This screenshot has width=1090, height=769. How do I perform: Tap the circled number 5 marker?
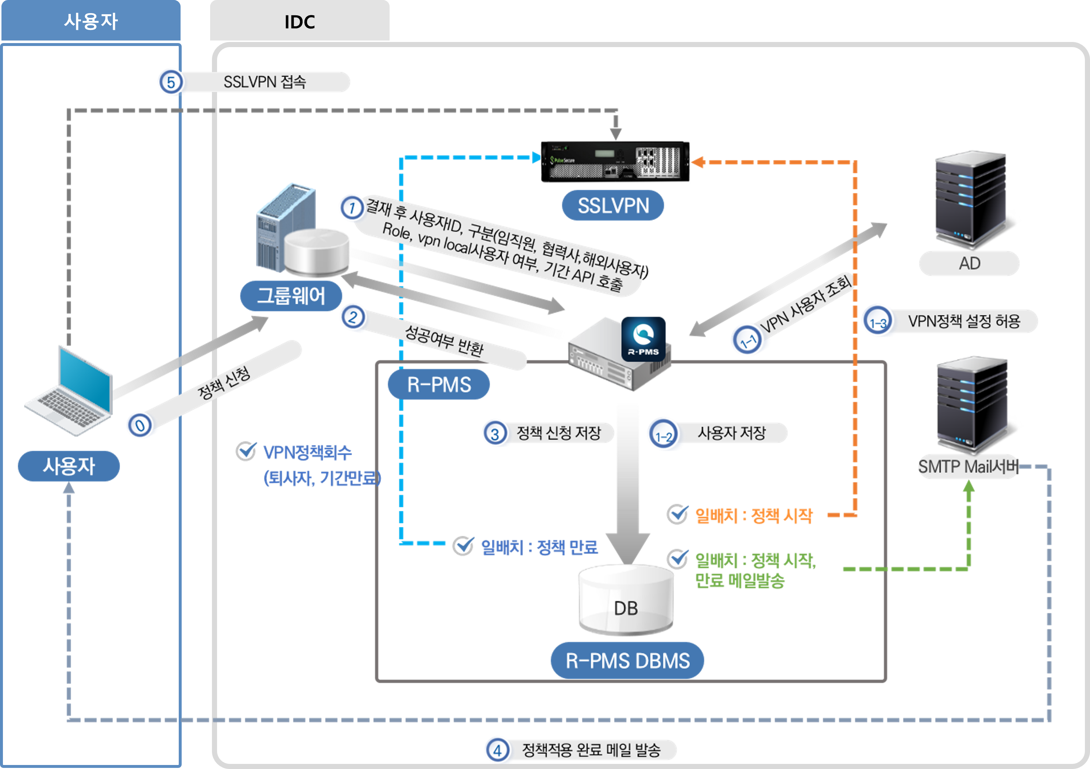click(170, 82)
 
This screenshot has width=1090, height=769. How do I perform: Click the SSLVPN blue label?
click(612, 206)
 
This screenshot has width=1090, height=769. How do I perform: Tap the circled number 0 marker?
click(140, 425)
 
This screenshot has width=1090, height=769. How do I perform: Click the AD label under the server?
click(969, 263)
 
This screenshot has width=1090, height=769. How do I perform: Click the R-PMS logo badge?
click(643, 339)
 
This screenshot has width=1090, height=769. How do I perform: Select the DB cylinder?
click(626, 601)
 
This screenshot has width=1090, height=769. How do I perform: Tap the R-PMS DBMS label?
click(627, 661)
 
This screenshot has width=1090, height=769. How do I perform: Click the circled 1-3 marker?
click(878, 322)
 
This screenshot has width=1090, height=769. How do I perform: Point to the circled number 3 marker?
click(495, 433)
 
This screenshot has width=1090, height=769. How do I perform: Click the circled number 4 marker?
click(497, 750)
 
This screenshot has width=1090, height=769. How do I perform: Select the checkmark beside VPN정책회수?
click(246, 451)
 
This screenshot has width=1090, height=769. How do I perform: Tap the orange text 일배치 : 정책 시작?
click(753, 515)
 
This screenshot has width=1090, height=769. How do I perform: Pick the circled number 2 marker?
click(352, 317)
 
